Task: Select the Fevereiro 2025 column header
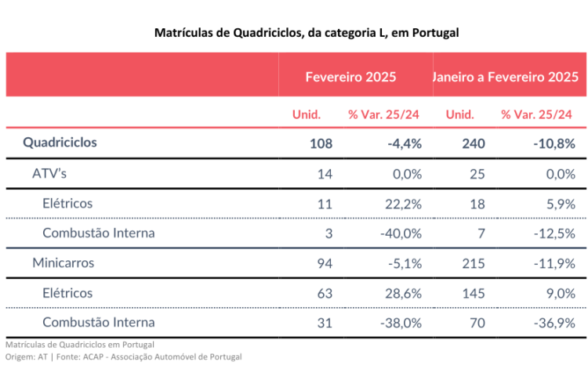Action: coord(350,77)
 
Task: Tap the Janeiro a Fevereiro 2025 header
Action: coord(506,77)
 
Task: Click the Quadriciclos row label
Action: coord(60,143)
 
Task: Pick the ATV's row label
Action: coord(49,173)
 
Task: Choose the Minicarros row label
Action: coord(63,262)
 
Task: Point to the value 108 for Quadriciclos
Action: coord(321,143)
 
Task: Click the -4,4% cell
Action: coord(405,143)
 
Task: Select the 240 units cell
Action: coord(474,143)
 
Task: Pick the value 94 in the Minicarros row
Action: coord(325,262)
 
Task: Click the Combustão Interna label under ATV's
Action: coord(99,233)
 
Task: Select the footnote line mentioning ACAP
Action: coord(123,356)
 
